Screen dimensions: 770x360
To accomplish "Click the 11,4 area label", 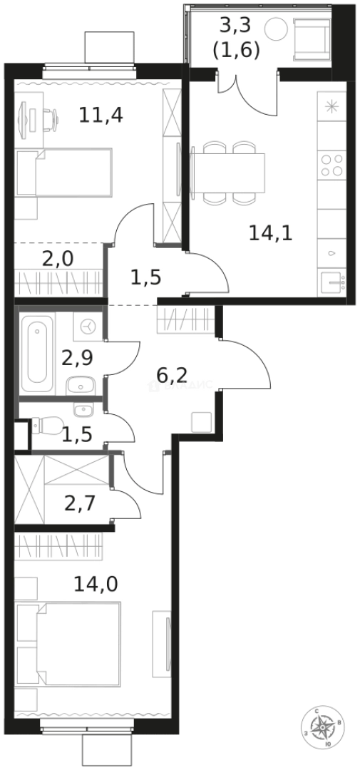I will [101, 114].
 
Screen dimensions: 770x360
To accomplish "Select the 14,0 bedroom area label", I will [96, 585].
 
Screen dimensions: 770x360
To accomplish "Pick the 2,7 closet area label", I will [80, 505].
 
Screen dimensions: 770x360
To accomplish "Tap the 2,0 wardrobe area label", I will [58, 258].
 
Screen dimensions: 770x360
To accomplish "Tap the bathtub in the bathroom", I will [37, 354].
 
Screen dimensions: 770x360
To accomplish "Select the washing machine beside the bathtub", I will [88, 326].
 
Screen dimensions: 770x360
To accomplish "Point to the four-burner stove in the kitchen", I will [331, 165].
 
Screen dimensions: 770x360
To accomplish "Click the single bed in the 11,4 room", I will [64, 172].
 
